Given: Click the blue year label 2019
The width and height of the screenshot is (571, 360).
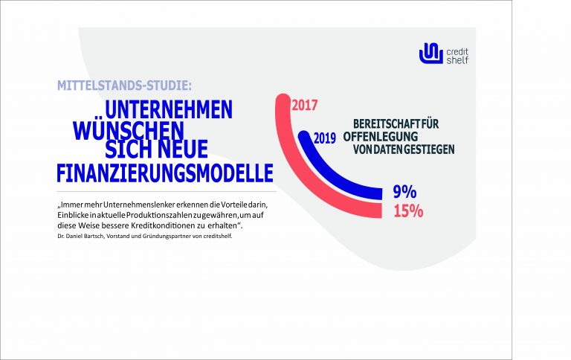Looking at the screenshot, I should (x=325, y=138).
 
